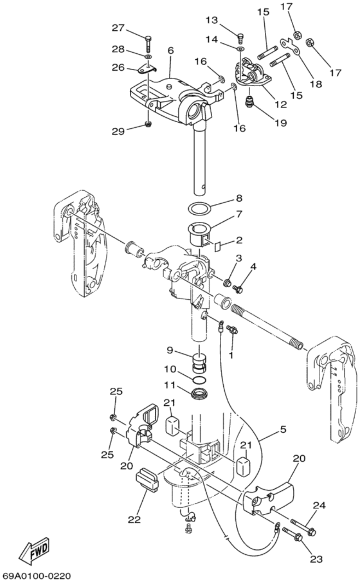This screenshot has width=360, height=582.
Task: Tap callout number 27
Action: [x=119, y=28]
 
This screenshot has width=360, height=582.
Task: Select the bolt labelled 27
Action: [x=148, y=43]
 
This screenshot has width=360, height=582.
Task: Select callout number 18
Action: [x=316, y=84]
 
